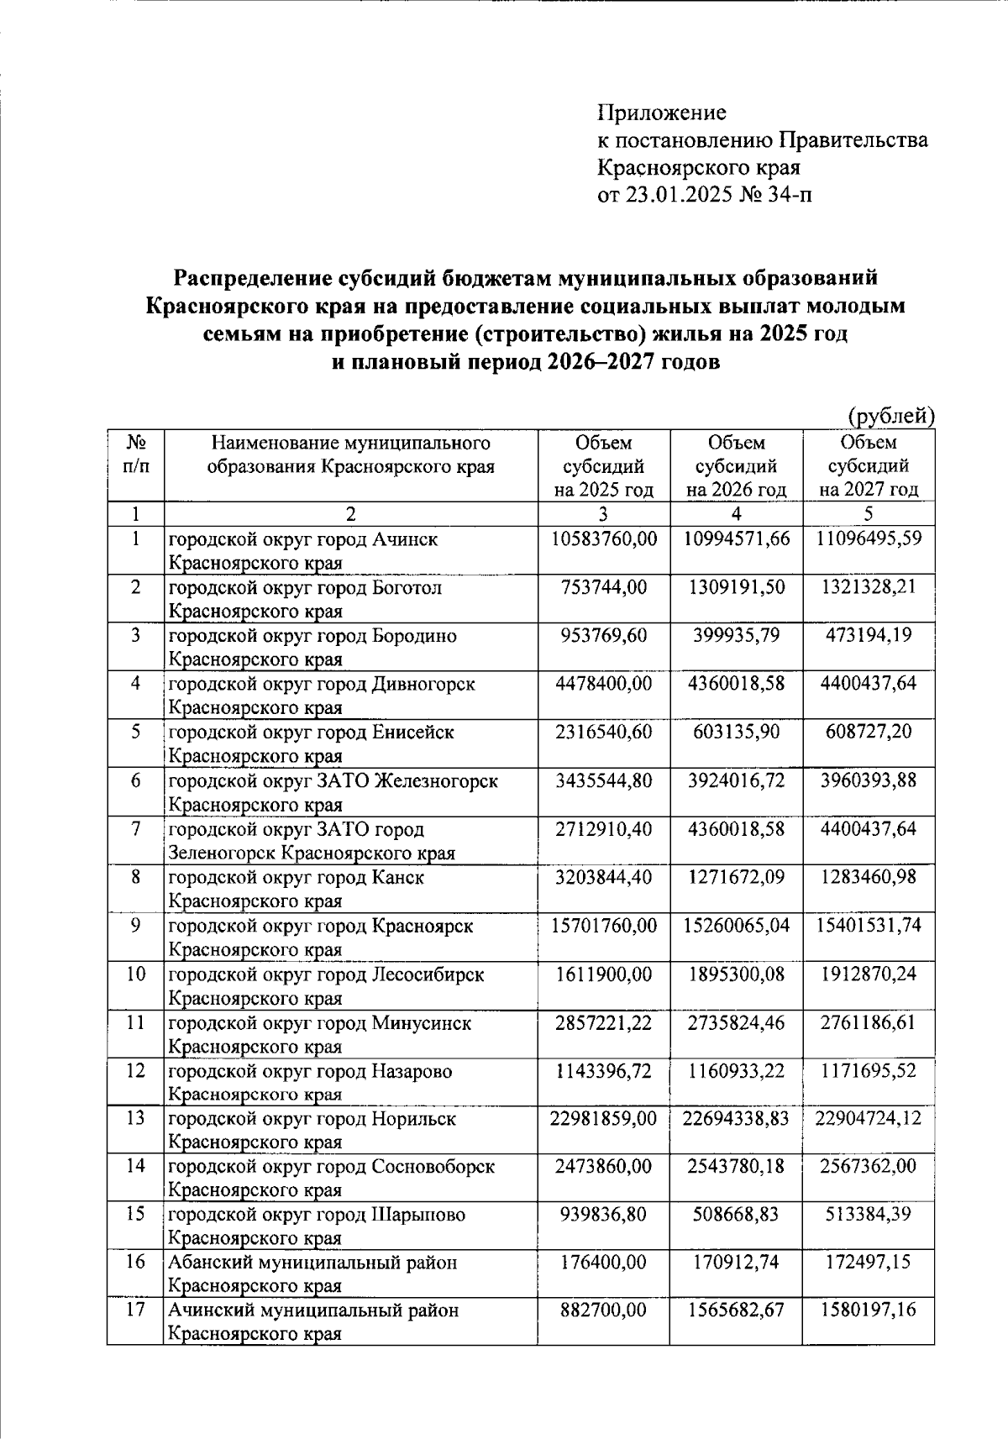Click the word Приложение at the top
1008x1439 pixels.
coord(661,113)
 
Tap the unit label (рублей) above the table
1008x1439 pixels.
coord(890,415)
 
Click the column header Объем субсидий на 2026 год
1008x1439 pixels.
coord(736,466)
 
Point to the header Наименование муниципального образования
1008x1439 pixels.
coord(350,454)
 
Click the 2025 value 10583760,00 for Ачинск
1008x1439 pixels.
coord(603,538)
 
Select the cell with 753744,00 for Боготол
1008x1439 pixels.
coord(603,586)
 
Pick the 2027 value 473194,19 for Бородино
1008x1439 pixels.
coord(869,635)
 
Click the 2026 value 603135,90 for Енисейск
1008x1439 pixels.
coord(736,732)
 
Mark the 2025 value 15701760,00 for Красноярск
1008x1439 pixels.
coord(603,926)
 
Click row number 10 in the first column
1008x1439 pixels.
coord(135,974)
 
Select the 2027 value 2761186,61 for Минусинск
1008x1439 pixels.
coord(869,1022)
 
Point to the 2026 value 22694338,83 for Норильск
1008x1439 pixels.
coord(736,1118)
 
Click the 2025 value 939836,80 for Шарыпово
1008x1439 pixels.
coord(603,1214)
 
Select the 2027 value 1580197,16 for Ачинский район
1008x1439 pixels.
coord(869,1310)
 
